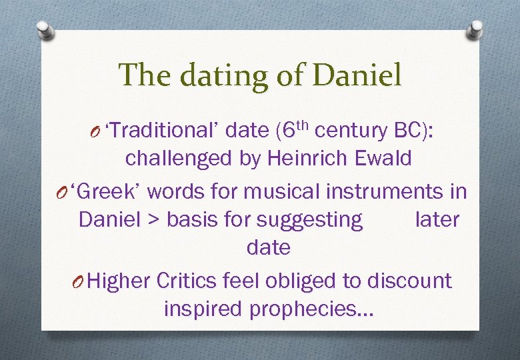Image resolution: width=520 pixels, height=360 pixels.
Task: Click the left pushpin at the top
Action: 43,29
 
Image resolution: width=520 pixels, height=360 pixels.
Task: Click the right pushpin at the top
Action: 476,29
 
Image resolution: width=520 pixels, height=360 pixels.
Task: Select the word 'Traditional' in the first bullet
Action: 162,131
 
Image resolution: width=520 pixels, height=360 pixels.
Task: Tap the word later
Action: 437,220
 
